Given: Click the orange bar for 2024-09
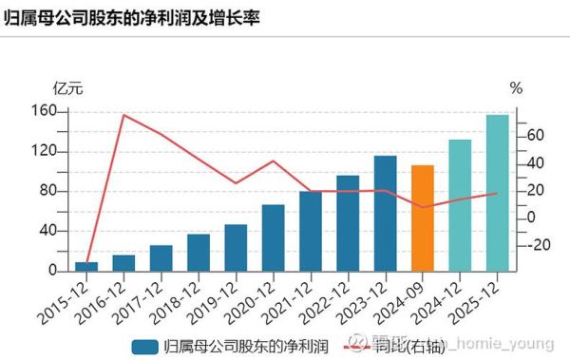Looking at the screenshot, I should coord(422,218).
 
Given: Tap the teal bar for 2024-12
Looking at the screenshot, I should coord(460,205).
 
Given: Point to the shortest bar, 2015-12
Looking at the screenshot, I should coord(86,266).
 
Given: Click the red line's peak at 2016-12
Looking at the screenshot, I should coord(123,116).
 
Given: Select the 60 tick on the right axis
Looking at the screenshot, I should coord(535,136).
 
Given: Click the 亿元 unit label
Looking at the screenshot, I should coord(68,89).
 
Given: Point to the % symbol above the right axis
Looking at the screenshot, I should coord(516,88).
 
